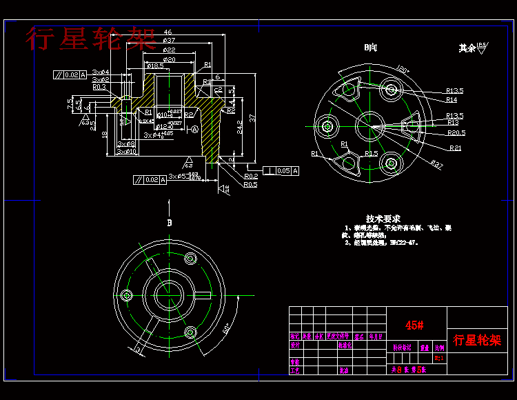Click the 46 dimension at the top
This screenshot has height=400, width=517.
(168, 32)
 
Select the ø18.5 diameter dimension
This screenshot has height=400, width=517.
(155, 66)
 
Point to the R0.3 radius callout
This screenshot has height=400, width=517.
(99, 87)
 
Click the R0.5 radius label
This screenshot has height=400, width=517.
(250, 185)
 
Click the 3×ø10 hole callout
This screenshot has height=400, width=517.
(126, 152)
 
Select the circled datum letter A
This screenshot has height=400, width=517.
(195, 129)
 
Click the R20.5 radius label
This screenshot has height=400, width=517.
(456, 132)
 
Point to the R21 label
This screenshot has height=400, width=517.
(455, 148)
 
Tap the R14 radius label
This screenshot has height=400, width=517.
(452, 101)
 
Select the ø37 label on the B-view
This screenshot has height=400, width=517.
(436, 163)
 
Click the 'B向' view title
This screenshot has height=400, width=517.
(371, 48)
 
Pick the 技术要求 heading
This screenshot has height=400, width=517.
(383, 217)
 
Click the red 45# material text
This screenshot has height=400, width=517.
(414, 325)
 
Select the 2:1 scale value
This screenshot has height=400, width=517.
(439, 358)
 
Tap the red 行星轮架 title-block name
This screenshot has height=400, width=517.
(477, 340)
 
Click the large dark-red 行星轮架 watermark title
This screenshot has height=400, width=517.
(91, 39)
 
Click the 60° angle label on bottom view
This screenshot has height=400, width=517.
(226, 328)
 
